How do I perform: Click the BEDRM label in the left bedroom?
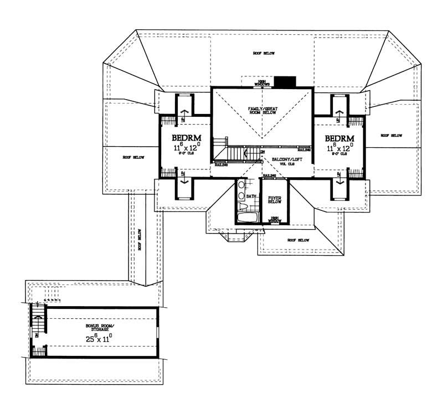pos(185,138)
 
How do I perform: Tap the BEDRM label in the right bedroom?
pos(339,138)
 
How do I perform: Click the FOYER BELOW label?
pos(275,199)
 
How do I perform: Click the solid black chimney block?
pos(285,81)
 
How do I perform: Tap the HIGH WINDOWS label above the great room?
pos(262,82)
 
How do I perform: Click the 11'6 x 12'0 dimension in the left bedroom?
pos(186,148)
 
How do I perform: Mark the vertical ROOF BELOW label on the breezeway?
pos(141,240)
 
